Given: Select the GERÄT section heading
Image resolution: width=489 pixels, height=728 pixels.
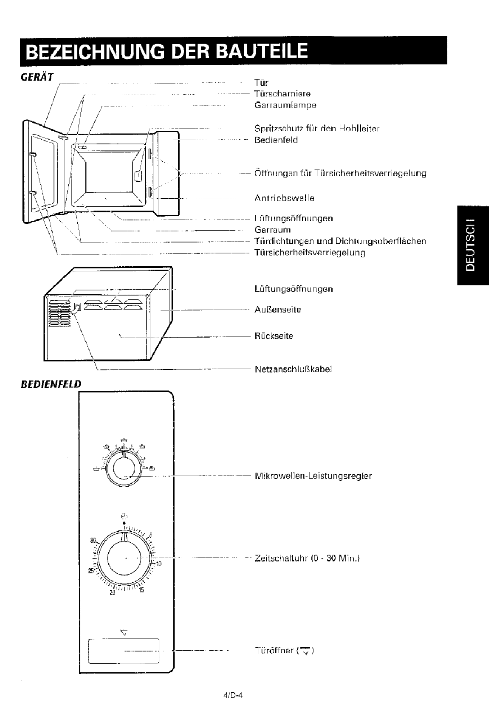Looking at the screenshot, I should pos(37,77).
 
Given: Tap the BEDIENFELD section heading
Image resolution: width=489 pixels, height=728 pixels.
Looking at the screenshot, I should pos(51,384).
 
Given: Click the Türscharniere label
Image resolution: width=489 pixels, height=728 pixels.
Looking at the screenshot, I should pos(282,93).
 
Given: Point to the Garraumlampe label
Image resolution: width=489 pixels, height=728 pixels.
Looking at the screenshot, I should pos(285,105).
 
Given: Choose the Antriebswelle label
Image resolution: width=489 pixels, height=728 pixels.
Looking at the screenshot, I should pos(284,198).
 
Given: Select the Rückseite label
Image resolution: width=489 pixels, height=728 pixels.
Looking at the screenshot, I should pos(274,336).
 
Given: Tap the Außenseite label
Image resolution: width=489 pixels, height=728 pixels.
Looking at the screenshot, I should pos(278,310).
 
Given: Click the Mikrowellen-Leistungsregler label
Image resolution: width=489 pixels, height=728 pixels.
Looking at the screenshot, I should pos(314,476).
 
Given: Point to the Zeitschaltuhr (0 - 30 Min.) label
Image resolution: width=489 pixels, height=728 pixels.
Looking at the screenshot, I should pos(307,558).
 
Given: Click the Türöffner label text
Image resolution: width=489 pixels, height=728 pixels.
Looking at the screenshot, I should pos(274,651).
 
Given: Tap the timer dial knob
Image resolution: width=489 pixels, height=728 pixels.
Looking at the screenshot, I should pos(124,558).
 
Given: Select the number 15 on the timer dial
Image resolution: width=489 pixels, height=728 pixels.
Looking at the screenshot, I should pos(141,590).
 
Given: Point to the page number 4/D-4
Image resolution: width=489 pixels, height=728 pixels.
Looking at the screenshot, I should pos(233,695).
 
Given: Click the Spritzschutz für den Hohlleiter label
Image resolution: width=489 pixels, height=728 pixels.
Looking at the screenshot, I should pos(317,128).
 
